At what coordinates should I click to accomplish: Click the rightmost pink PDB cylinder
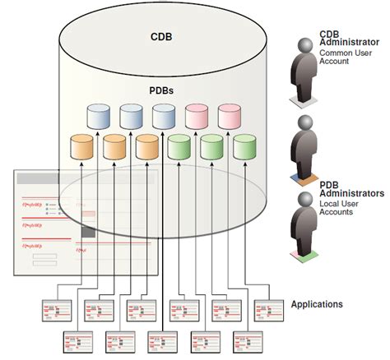click(230, 117)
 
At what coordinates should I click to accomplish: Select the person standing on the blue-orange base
click(304, 148)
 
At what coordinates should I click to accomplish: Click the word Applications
click(317, 304)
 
